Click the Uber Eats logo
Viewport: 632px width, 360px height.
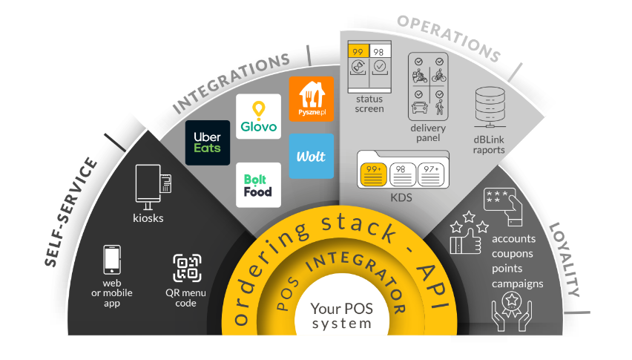coord(207,143)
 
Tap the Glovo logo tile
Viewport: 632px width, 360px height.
coord(258,117)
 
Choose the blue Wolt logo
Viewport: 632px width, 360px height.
coord(311,156)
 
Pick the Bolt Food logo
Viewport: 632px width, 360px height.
coord(258,185)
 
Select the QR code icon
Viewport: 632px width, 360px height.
coord(186,269)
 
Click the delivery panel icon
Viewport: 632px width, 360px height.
coord(428,86)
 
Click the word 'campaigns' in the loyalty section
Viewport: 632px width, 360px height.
coord(516,284)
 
